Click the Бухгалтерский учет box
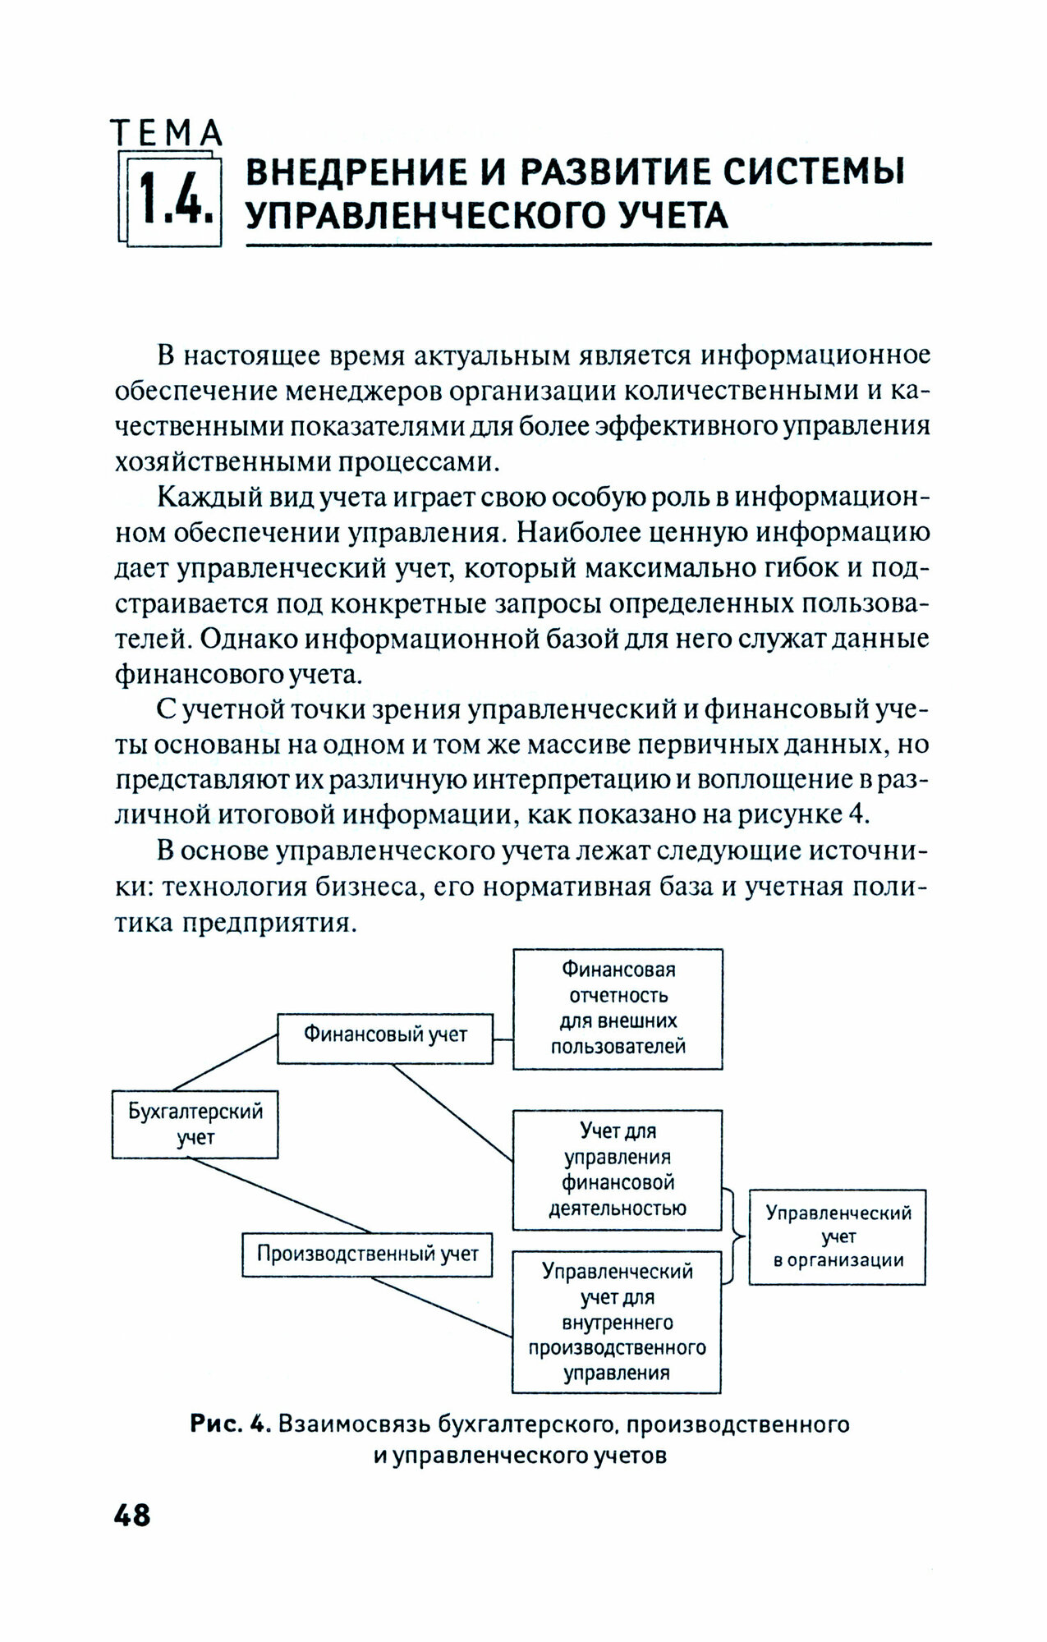pos(195,1124)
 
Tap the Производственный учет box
pos(367,1254)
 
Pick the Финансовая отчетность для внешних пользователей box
pos(618,1008)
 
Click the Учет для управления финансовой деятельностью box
pos(617,1169)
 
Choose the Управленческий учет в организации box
pos(837,1236)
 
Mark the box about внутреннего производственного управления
pos(617,1322)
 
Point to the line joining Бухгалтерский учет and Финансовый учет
pos(224,1062)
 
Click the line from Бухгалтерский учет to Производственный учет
pos(279,1195)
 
